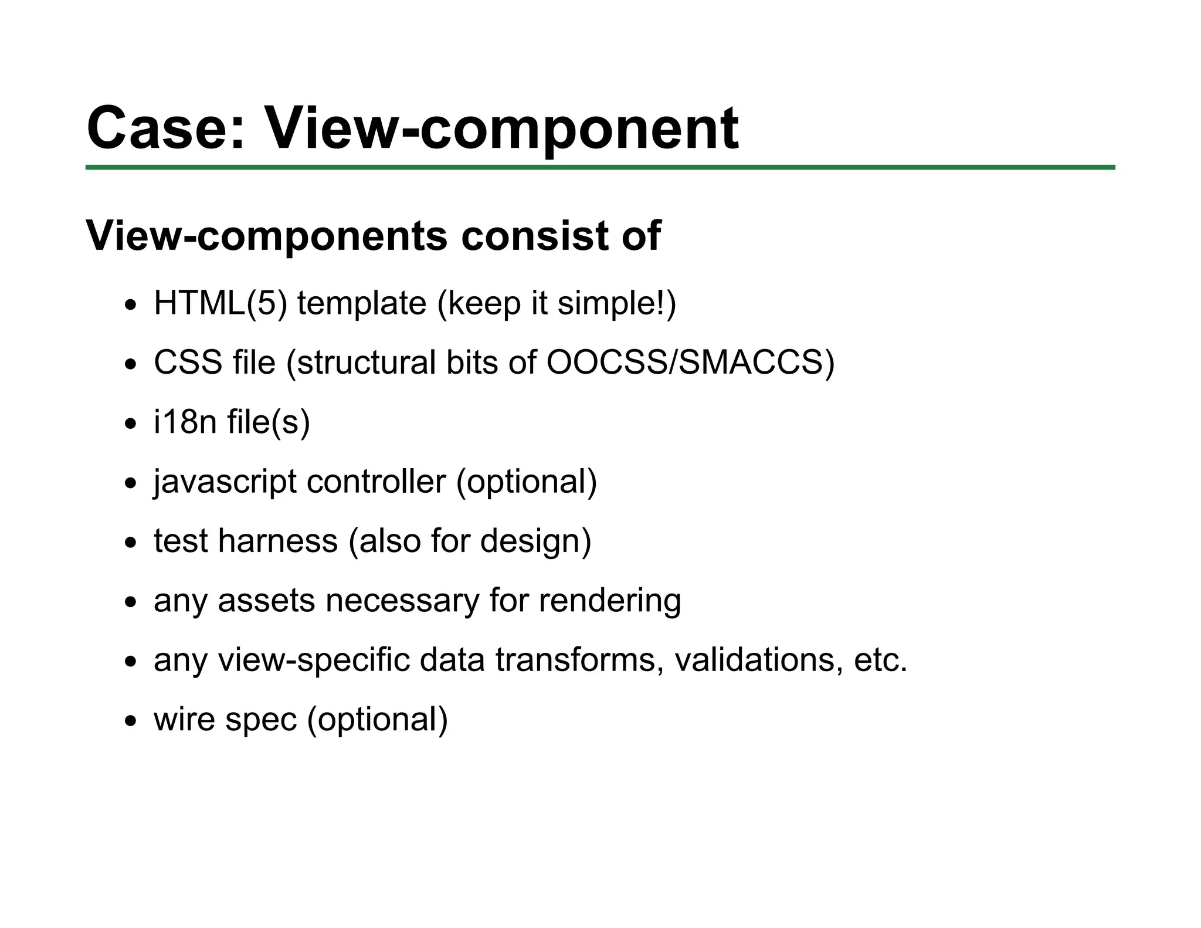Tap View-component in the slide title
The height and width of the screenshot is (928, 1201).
pyautogui.click(x=502, y=128)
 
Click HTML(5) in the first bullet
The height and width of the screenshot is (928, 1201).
pyautogui.click(x=220, y=304)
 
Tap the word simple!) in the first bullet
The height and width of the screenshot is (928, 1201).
pyautogui.click(x=616, y=304)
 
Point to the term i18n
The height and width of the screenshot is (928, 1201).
pyautogui.click(x=185, y=422)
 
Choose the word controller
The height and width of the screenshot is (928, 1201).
pyautogui.click(x=376, y=482)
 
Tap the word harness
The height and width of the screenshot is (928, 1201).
pyautogui.click(x=277, y=540)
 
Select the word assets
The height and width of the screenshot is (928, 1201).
pyautogui.click(x=266, y=601)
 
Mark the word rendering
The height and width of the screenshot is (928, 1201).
pyautogui.click(x=610, y=601)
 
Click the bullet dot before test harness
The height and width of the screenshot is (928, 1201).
pyautogui.click(x=130, y=543)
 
